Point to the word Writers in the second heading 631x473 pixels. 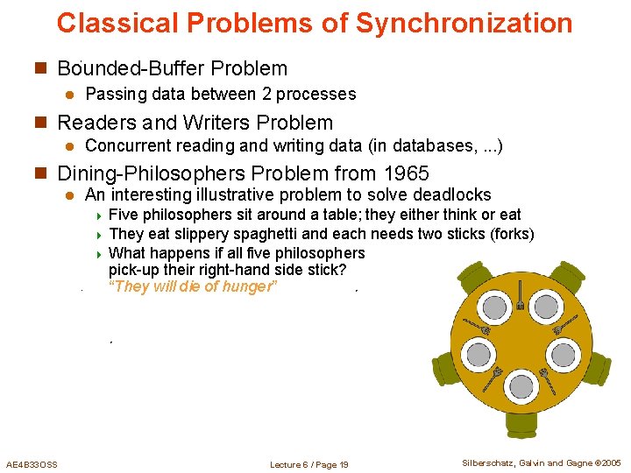pos(223,123)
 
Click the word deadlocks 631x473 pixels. pos(451,195)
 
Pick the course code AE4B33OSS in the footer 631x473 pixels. pos(32,463)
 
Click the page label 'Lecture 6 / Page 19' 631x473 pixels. pos(309,464)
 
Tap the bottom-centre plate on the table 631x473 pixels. pos(522,386)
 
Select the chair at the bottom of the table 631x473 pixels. pos(522,425)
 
